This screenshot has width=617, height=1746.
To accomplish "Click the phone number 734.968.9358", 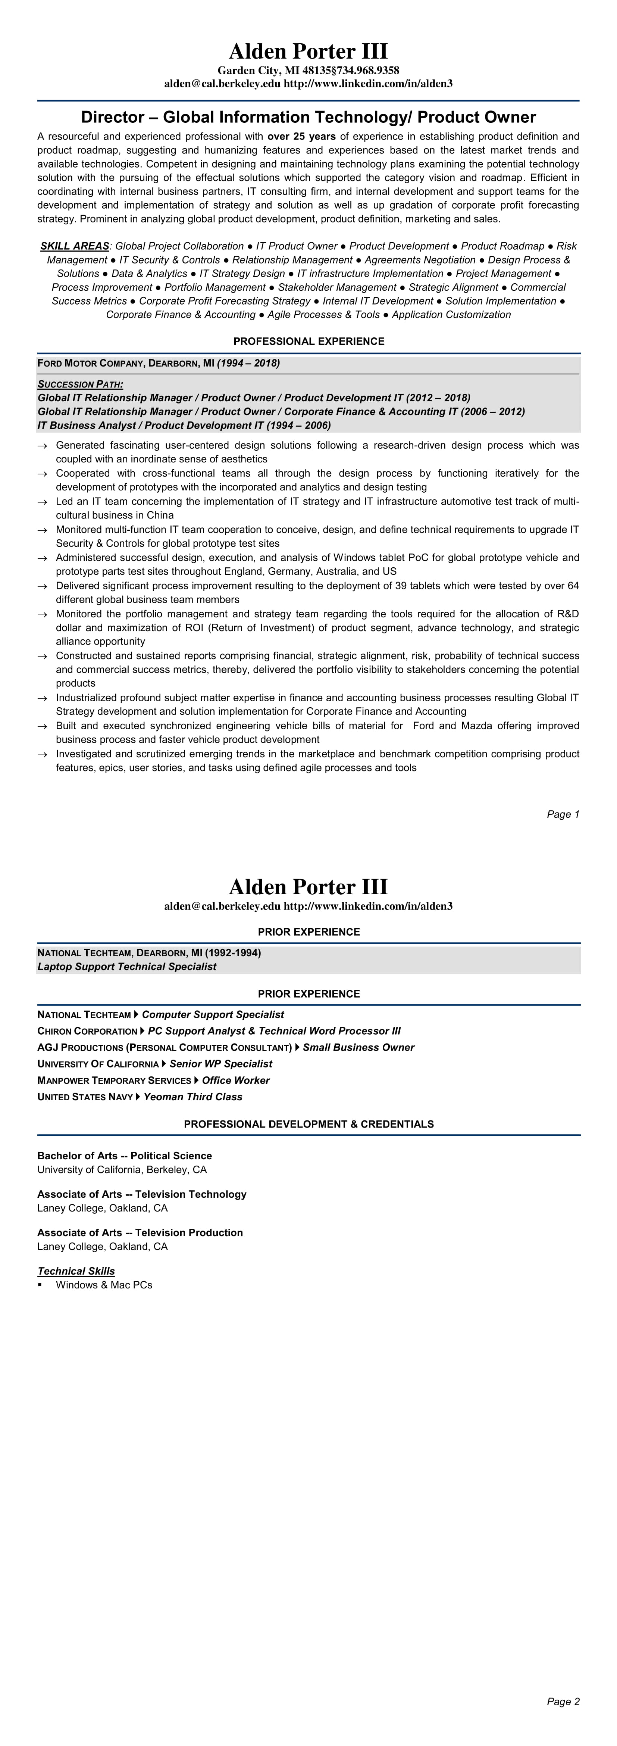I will (x=370, y=71).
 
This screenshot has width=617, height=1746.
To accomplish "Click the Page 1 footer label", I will (x=563, y=814).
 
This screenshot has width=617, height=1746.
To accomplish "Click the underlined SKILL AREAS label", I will (x=75, y=246).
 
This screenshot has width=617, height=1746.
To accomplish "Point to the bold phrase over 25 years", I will (x=301, y=136).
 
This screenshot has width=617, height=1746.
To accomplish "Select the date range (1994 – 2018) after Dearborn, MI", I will (x=248, y=363).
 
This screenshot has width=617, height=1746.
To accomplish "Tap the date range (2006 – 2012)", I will (x=492, y=411).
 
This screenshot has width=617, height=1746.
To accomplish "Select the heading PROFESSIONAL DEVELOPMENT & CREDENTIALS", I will (x=309, y=1124).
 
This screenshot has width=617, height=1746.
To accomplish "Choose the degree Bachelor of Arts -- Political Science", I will (x=125, y=1156).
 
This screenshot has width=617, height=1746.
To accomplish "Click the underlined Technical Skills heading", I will (x=76, y=1271).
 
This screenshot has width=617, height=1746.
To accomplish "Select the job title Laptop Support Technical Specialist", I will (x=127, y=967).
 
